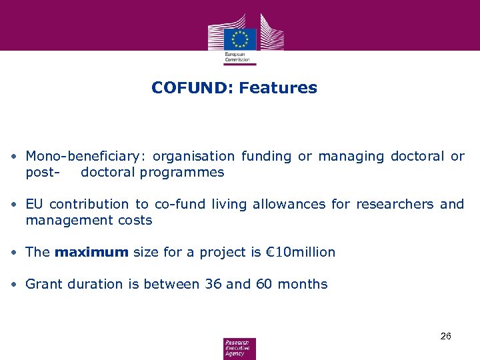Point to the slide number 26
[x=446, y=336]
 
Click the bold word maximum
[x=91, y=252]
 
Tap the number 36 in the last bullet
[x=213, y=284]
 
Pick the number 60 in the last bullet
[x=263, y=284]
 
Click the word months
[x=303, y=284]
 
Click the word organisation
[x=193, y=157]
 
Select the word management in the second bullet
[x=61, y=220]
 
